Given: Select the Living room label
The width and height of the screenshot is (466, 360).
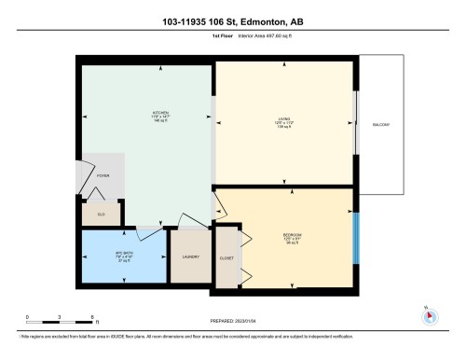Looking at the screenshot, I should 283,119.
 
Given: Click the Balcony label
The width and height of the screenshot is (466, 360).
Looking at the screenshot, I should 381,124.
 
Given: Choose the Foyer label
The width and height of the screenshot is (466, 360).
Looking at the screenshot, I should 102,173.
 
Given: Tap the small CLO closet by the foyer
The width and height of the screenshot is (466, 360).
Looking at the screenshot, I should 100,213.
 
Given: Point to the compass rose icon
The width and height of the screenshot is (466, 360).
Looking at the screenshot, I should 430,314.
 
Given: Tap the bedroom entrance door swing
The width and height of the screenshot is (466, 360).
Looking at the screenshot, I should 224,201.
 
